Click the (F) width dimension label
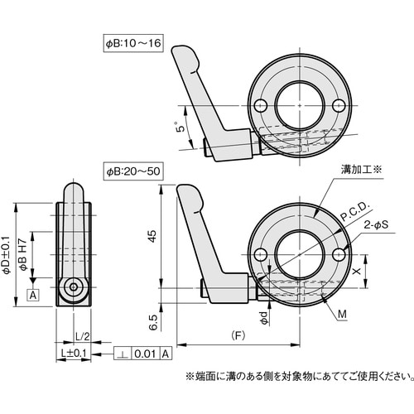click(238, 338)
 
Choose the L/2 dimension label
click(82, 337)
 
